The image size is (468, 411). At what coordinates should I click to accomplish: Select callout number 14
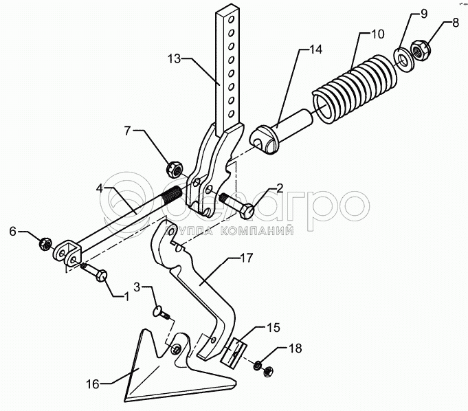pyautogui.click(x=315, y=49)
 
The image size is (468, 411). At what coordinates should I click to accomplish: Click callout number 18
pyautogui.click(x=295, y=348)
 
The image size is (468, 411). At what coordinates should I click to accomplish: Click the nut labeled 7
pyautogui.click(x=174, y=167)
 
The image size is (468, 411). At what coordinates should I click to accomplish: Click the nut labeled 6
pyautogui.click(x=45, y=243)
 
